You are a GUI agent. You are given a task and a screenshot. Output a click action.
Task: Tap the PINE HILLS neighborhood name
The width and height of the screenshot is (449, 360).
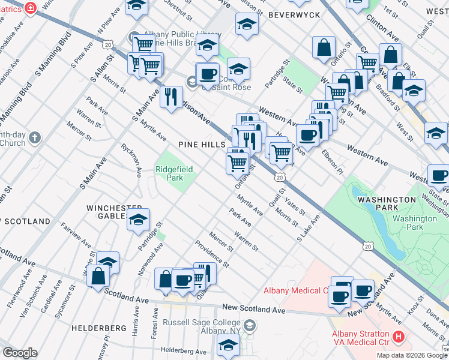point(201,145)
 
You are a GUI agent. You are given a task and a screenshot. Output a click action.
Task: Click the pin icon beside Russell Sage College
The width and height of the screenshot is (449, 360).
point(250,326)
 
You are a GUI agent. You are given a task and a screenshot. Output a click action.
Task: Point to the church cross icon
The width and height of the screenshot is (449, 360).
point(35,138)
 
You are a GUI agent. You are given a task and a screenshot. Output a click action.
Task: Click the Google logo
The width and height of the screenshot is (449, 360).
point(20,352)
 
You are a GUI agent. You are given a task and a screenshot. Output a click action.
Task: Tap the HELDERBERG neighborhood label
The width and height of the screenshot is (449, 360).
point(98,328)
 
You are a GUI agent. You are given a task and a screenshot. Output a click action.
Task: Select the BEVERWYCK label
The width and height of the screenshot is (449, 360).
point(292,13)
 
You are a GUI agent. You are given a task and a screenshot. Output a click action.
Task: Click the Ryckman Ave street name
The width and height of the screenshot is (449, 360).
point(131,160)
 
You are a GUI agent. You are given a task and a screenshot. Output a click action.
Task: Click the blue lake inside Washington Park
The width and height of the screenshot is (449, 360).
point(383,244)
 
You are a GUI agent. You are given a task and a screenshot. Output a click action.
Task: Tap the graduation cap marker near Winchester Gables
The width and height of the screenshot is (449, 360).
point(139,220)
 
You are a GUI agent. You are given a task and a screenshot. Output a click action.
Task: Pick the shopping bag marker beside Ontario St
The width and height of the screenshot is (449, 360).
point(324,49)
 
